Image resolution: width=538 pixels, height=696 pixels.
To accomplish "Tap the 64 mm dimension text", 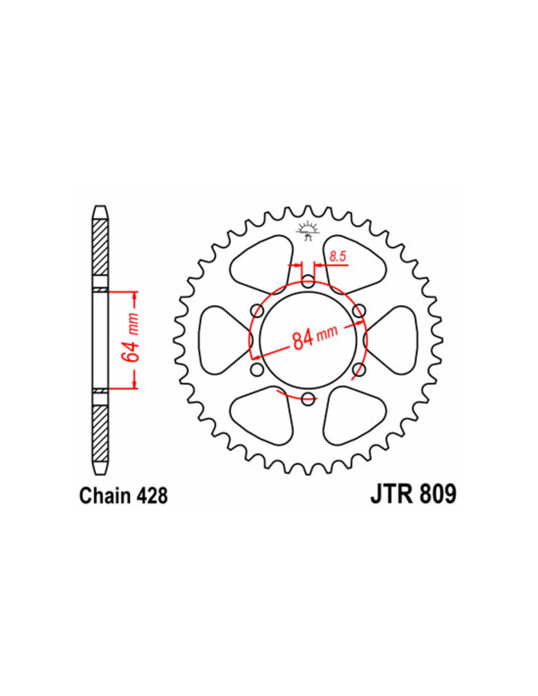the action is tap(132, 340).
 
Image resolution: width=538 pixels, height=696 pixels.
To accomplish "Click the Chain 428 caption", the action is tap(123, 496).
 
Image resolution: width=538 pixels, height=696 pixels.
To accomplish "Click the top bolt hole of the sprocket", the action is tap(308, 281).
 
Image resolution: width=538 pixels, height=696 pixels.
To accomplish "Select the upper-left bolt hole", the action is tap(257, 310).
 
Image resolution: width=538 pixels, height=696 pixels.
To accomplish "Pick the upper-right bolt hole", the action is tap(359, 310).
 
